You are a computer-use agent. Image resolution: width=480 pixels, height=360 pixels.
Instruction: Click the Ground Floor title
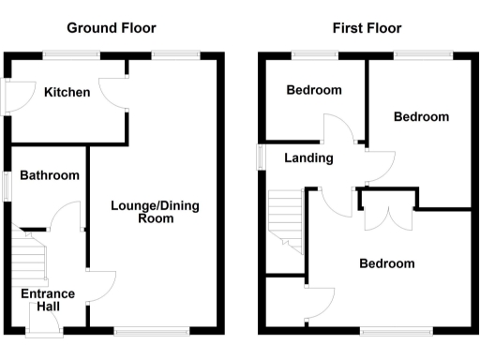coord(112,29)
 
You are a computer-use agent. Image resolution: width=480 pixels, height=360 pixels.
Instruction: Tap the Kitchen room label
coord(67,92)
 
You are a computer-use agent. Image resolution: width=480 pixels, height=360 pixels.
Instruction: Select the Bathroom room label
coord(50,175)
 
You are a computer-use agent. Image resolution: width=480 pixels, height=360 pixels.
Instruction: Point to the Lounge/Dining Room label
coord(156,212)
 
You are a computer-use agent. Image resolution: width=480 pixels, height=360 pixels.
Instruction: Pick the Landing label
coord(308,158)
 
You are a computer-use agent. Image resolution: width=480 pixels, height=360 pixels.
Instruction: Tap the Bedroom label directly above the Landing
coord(314,91)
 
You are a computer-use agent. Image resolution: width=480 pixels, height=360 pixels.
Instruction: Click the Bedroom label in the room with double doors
coord(386,263)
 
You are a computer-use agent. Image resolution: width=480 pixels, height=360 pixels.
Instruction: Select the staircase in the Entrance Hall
coord(29,255)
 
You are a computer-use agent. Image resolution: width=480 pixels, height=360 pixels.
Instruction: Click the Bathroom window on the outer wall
coord(7,184)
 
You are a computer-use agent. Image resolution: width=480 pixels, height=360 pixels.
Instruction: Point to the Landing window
coord(262,157)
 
